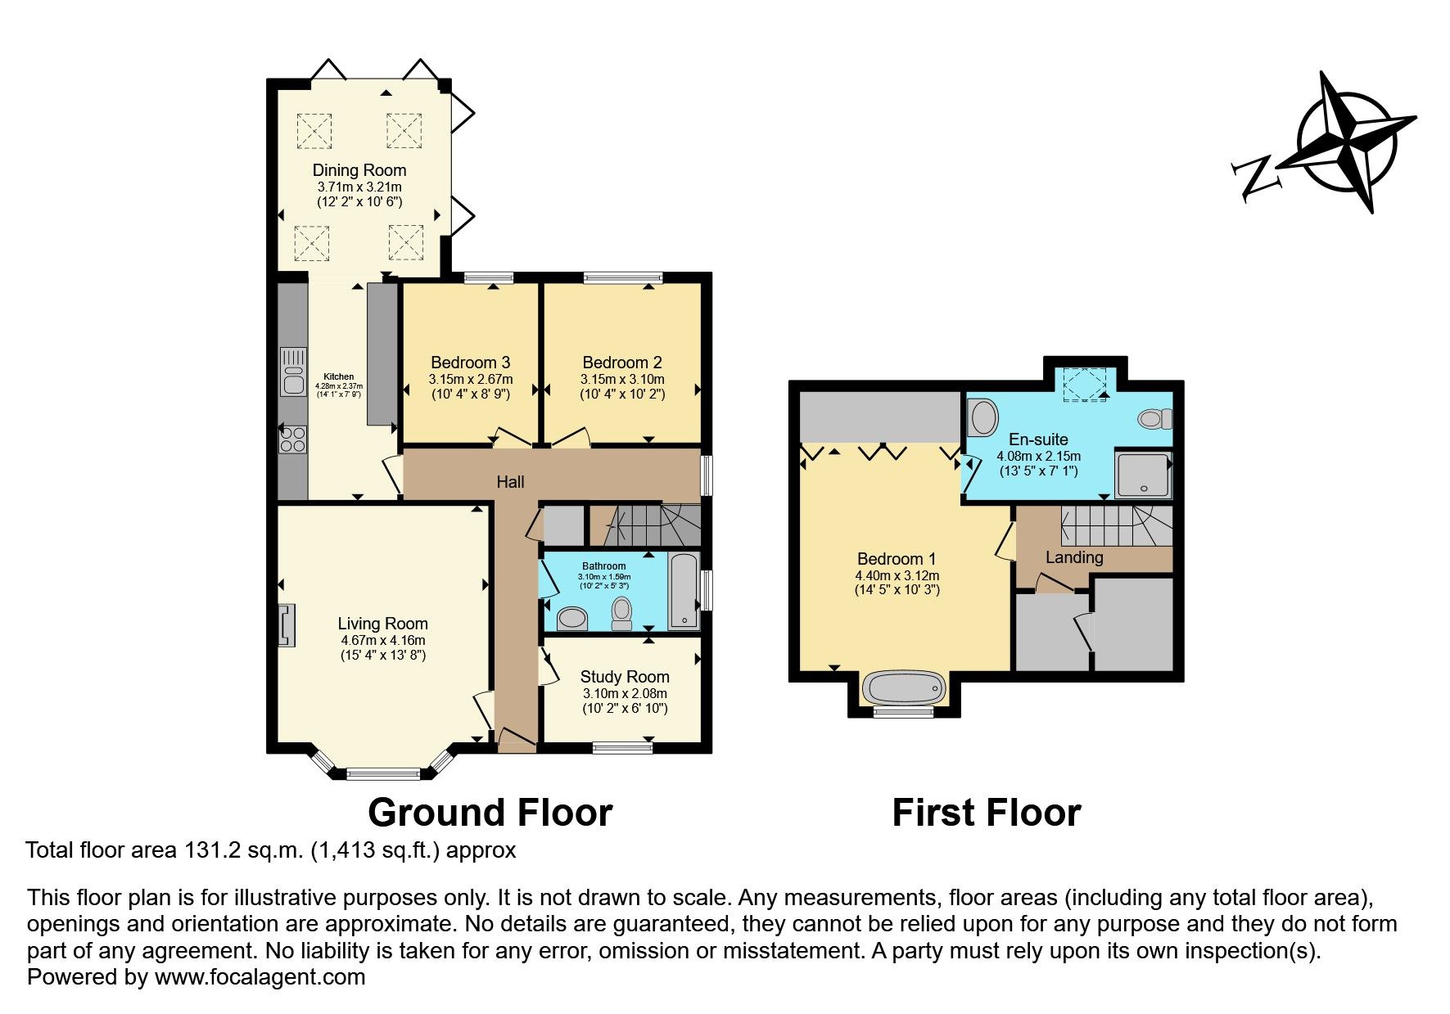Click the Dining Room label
click(359, 170)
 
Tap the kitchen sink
click(292, 372)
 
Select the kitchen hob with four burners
click(292, 439)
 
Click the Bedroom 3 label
click(470, 363)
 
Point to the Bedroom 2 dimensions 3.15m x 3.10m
click(621, 379)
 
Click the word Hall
click(510, 482)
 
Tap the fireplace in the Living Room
click(286, 625)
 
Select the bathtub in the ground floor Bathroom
click(684, 591)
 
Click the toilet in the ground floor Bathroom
click(622, 612)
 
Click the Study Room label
click(624, 677)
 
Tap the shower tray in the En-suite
click(1143, 475)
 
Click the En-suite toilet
click(1154, 419)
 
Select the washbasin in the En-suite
click(980, 417)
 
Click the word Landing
click(1073, 557)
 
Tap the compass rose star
click(1347, 142)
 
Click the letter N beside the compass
click(1255, 177)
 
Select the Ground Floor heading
click(490, 813)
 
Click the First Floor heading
click(986, 813)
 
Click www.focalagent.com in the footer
click(260, 977)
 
